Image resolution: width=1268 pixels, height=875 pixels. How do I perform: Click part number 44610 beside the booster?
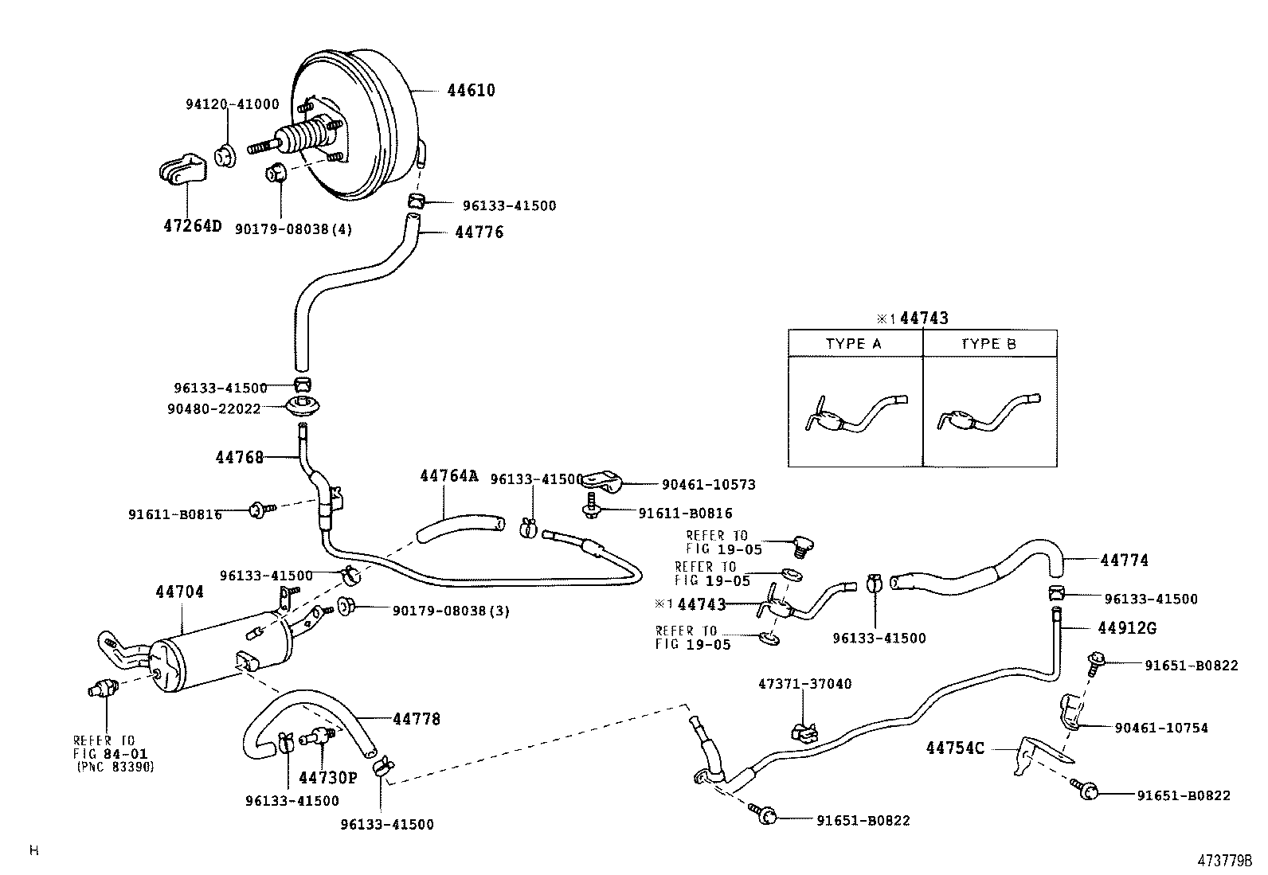[x=471, y=91]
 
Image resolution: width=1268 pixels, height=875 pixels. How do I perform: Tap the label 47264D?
[x=192, y=225]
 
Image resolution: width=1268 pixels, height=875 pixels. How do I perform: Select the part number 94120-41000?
[x=233, y=104]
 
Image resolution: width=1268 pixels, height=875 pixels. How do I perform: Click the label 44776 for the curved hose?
[x=479, y=232]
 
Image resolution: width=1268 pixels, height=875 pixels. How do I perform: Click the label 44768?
[x=239, y=457]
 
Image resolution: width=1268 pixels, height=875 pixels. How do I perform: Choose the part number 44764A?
[x=449, y=476]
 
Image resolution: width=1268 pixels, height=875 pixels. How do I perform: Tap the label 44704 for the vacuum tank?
[x=179, y=592]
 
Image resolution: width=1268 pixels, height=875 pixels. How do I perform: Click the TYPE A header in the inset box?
[x=853, y=344]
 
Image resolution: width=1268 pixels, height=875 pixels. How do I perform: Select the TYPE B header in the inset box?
[x=988, y=344]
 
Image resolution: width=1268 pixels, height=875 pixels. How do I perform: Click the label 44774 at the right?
[x=1124, y=561]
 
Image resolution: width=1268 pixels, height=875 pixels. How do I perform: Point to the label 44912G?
[x=1126, y=628]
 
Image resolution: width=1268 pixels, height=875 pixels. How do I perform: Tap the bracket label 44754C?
[x=955, y=748]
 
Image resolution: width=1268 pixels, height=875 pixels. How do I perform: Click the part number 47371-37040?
[x=804, y=684]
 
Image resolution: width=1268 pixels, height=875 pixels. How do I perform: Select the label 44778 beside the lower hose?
[x=416, y=719]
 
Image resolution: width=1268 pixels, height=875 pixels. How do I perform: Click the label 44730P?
[x=329, y=778]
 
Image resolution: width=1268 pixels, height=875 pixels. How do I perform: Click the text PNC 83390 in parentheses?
[x=115, y=767]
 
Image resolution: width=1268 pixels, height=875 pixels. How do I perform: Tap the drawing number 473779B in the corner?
[x=1226, y=861]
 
